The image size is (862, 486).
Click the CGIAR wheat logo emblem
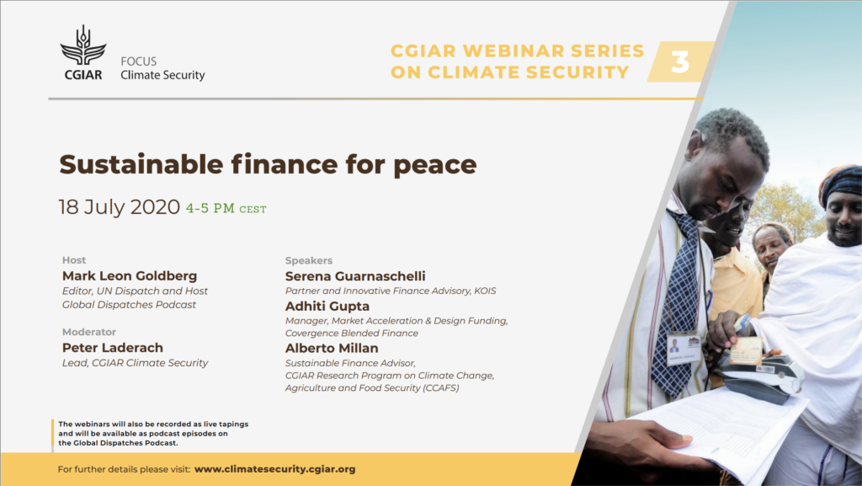83,45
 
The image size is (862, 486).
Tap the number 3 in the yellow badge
680,62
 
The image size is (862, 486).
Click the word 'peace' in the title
435,165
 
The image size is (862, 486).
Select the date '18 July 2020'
120,207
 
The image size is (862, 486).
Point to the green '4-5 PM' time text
210,208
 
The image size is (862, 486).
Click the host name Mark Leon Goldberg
129,276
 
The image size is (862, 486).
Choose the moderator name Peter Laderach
113,348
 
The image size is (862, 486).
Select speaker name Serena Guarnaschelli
355,276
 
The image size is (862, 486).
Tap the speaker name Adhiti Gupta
327,307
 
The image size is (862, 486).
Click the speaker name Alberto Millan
332,348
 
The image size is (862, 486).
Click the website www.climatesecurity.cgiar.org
275,469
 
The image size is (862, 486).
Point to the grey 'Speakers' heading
309,260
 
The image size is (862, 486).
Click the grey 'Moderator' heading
89,332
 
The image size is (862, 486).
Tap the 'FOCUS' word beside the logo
139,61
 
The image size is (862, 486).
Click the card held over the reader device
746,350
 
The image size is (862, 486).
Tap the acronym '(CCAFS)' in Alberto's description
440,388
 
